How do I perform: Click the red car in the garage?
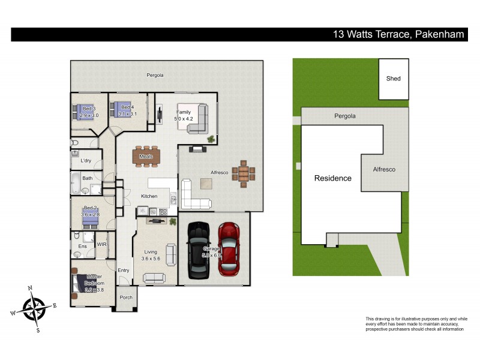(229, 249)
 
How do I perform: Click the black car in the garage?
(197, 251)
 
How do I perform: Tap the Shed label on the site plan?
(393, 79)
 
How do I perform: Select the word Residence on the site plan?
(333, 178)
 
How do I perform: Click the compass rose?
(34, 308)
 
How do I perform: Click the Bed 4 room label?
(127, 107)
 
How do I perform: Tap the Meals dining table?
(146, 157)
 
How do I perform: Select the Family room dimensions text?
(184, 119)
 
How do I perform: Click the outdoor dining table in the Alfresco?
(244, 173)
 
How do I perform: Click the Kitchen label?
(149, 196)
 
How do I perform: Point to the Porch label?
(126, 298)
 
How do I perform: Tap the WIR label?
(101, 244)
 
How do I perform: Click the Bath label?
(87, 178)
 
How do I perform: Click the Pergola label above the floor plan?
(155, 75)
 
